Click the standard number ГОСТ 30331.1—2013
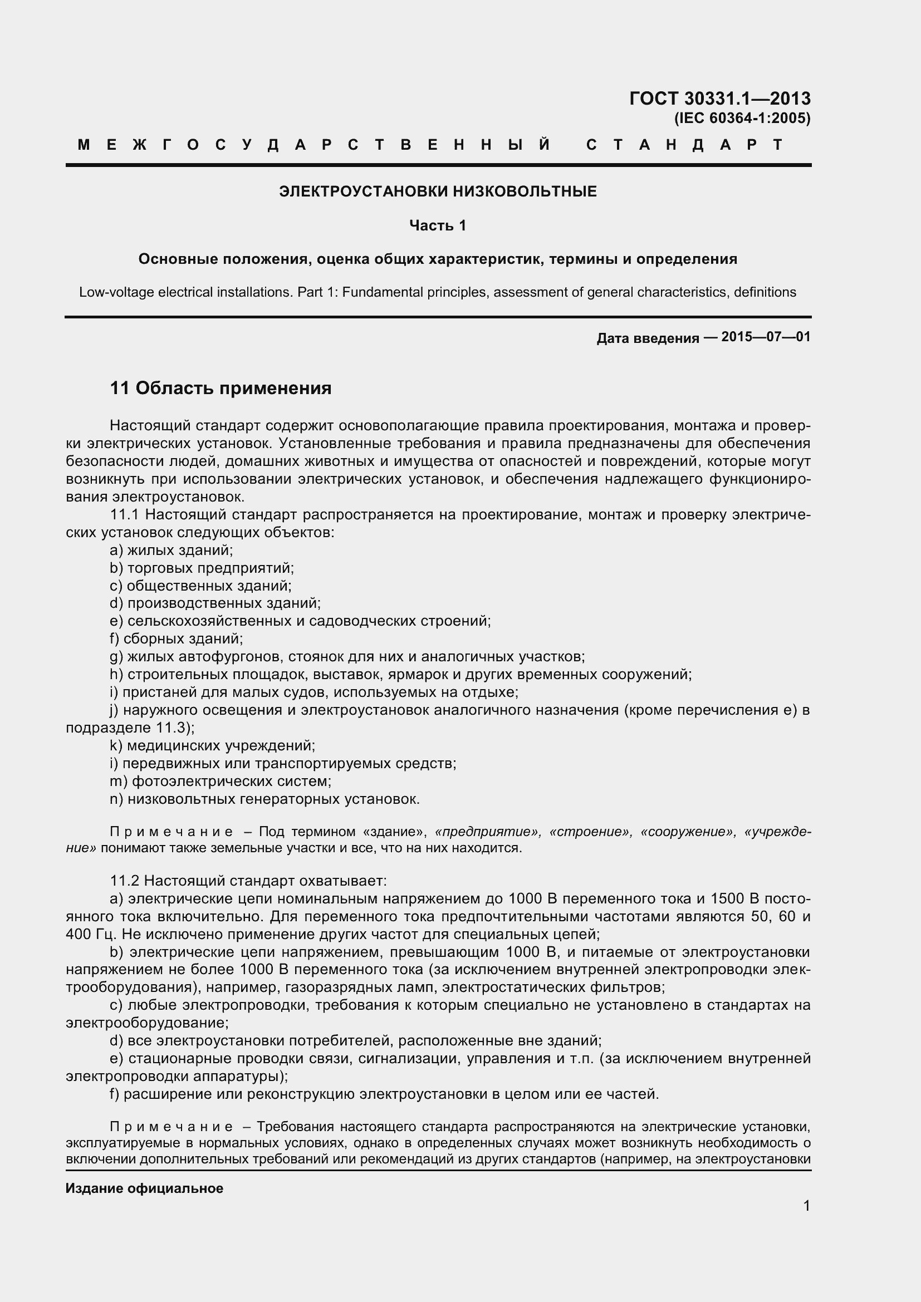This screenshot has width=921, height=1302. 719,99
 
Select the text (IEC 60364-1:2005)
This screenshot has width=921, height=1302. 742,119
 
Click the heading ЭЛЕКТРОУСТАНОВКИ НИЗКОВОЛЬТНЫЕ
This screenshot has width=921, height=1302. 437,191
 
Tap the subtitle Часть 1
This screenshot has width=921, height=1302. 437,225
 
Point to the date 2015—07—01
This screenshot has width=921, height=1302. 766,337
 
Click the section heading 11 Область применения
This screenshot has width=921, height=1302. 221,389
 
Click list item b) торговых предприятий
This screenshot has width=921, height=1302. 202,568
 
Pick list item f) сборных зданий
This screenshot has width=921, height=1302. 177,639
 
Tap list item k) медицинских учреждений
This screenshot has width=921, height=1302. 212,746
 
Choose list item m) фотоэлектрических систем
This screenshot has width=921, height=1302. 221,782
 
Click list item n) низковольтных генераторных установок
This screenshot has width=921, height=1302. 265,799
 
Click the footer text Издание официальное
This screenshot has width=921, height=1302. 144,1188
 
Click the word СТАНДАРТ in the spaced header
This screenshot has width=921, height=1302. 684,145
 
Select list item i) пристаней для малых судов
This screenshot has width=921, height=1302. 313,692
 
